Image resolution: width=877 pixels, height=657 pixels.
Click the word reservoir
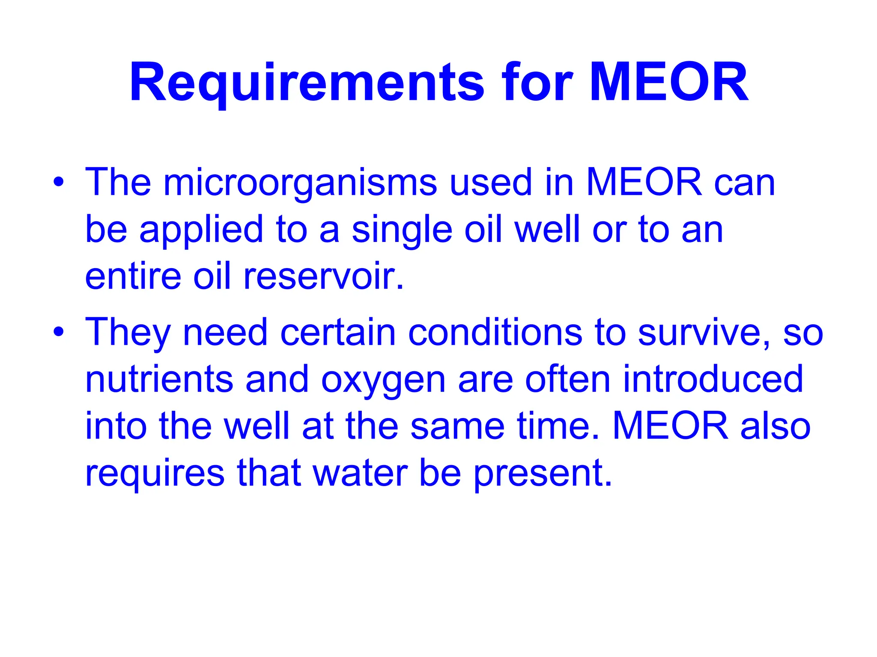tap(323, 276)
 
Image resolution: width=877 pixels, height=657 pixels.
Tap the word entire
tap(133, 276)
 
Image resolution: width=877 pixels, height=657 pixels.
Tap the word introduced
tap(713, 379)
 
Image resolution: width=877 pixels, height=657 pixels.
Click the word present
tap(543, 473)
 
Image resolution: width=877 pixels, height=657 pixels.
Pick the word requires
tap(155, 473)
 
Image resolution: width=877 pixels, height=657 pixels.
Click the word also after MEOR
tap(775, 426)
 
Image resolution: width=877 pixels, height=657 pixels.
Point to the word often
tap(568, 379)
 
